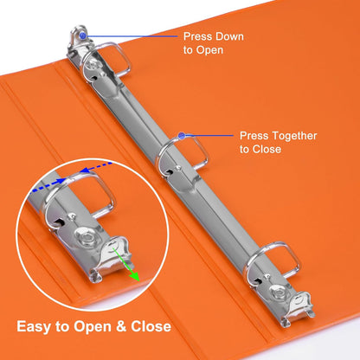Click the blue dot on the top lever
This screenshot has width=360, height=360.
coord(83,35)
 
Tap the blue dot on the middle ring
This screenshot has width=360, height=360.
coord(182,136)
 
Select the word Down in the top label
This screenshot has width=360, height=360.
coord(230,36)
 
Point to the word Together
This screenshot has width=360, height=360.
coord(294,136)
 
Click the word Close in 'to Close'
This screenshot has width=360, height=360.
coord(267,149)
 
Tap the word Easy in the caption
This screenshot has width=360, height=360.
coord(34,327)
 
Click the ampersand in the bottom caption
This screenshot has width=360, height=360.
coord(122,326)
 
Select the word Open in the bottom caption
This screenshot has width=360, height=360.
coord(93,327)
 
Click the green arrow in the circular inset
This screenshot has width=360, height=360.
coord(126,265)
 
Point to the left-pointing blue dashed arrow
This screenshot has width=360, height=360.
coord(95,167)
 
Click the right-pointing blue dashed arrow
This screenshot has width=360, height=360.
coord(48,186)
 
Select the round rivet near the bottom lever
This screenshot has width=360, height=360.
coord(280,292)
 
